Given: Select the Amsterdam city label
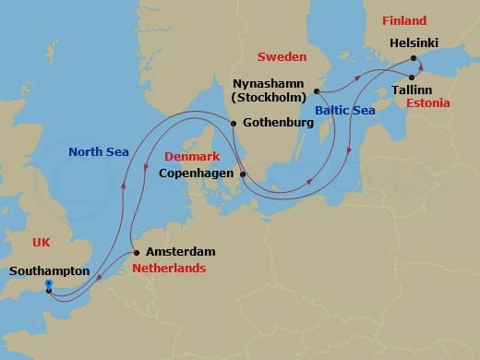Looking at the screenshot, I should click(x=180, y=251).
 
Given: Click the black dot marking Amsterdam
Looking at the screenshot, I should click(x=137, y=252).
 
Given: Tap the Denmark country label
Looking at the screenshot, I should click(x=191, y=156).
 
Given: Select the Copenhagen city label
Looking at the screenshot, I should click(x=196, y=173).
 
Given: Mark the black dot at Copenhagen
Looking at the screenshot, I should click(x=243, y=174).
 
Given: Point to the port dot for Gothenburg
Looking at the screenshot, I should click(x=234, y=124).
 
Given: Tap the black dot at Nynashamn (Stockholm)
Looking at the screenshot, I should click(x=317, y=90).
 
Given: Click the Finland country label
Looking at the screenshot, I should click(x=403, y=20).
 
